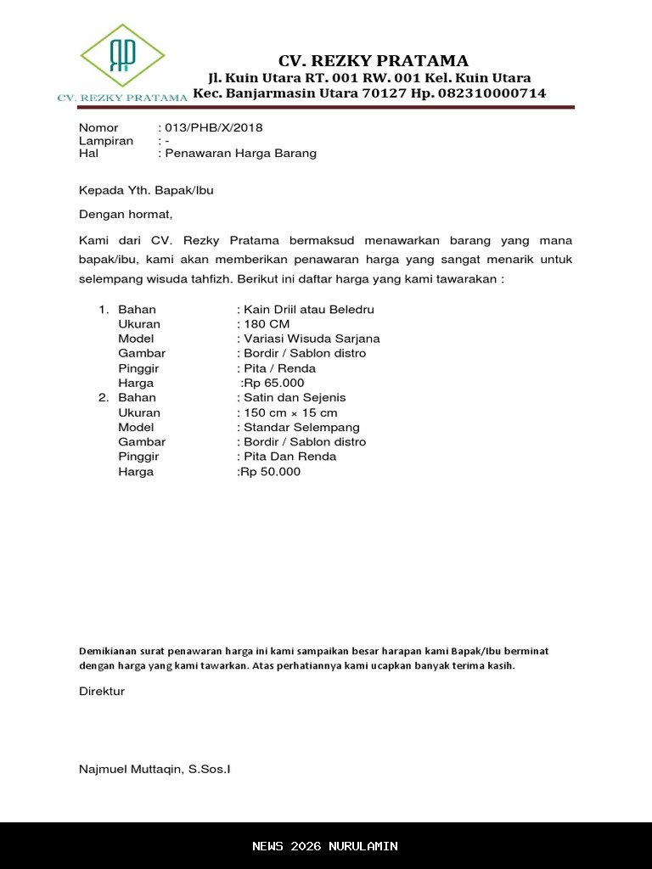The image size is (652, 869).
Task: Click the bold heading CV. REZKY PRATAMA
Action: [374, 61]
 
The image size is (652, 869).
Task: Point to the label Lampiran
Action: [106, 141]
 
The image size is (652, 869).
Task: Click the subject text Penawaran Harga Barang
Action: [241, 154]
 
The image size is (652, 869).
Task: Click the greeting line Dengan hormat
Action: [126, 214]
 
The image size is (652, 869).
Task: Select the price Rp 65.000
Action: [273, 384]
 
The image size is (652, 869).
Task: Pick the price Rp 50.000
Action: [270, 472]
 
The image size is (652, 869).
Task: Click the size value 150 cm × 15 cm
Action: [290, 413]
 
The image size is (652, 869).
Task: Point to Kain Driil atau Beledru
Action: [309, 310]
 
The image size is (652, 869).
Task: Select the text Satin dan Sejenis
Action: [295, 398]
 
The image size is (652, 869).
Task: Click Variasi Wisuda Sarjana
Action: [312, 339]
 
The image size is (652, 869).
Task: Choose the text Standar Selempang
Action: [301, 428]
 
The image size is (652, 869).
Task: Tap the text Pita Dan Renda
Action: [289, 457]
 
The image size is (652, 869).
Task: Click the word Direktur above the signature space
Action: [102, 692]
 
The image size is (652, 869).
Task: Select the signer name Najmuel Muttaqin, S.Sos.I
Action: [155, 770]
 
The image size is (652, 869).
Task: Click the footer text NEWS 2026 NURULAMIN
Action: [325, 846]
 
